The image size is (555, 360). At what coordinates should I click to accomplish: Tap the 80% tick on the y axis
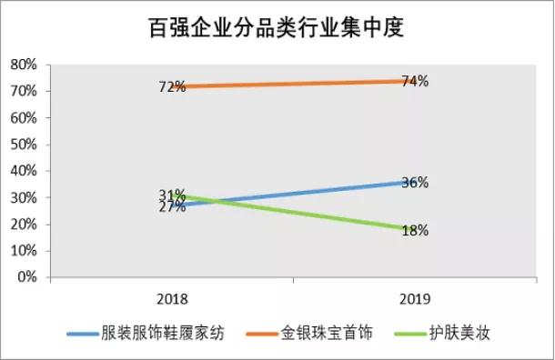pyautogui.click(x=22, y=65)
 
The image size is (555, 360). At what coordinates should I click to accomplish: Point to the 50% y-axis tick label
pyautogui.click(x=22, y=145)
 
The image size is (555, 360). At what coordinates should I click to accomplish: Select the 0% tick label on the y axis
pyautogui.click(x=25, y=278)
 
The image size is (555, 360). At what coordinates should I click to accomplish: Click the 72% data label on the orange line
pyautogui.click(x=172, y=86)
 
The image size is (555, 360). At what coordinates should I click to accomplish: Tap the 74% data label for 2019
pyautogui.click(x=415, y=81)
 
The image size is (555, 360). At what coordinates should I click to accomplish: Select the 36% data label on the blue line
pyautogui.click(x=415, y=183)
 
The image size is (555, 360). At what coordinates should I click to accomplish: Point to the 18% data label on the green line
pyautogui.click(x=415, y=231)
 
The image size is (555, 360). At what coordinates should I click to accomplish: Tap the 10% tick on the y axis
pyautogui.click(x=22, y=252)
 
